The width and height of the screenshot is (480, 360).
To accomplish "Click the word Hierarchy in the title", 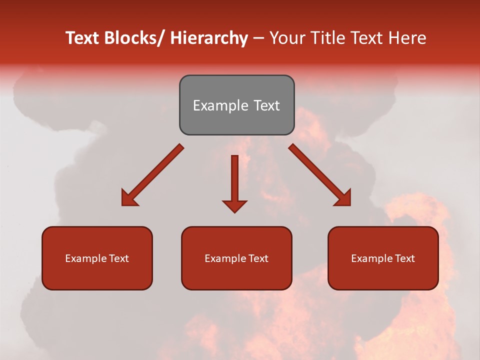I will pyautogui.click(x=209, y=38).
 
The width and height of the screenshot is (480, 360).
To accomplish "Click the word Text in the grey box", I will pyautogui.click(x=266, y=106).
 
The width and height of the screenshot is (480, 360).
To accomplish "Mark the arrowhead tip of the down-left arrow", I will pyautogui.click(x=122, y=205).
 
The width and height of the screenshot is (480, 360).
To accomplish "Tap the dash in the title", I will pyautogui.click(x=258, y=39).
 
